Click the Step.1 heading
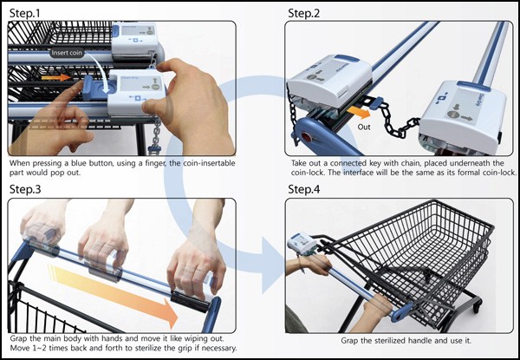point(24,13)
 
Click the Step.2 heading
point(304,13)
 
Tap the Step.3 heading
point(25,189)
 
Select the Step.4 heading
point(304,189)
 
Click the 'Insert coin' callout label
point(67,53)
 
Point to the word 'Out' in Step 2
point(364,127)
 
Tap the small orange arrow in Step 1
point(55,78)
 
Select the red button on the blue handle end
point(306,137)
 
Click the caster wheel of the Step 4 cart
point(476,307)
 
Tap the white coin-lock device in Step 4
point(302,245)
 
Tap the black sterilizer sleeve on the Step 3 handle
point(191,301)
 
